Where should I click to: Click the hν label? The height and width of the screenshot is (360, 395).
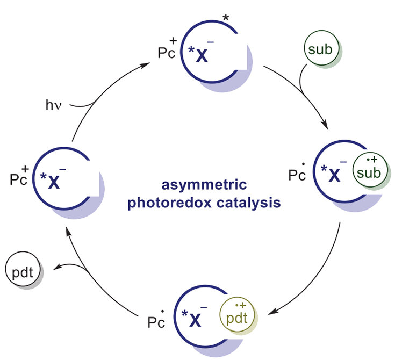(x=53, y=105)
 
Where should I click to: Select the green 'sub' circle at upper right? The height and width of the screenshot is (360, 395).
(x=321, y=48)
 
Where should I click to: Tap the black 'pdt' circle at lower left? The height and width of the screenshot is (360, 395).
(x=23, y=269)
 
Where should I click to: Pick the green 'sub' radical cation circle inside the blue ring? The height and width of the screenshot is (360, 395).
(x=370, y=170)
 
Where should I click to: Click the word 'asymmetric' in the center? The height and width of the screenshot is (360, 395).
(x=204, y=185)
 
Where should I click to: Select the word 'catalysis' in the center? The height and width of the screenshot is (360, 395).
(x=249, y=203)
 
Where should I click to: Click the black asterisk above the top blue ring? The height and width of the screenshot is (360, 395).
(x=226, y=18)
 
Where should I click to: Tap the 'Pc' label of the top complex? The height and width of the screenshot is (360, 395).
(x=166, y=53)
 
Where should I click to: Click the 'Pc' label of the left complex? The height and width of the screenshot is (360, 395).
(x=18, y=179)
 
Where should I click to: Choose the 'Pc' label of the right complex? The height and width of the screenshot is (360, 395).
(x=297, y=175)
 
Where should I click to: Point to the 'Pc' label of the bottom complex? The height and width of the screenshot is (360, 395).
(x=156, y=322)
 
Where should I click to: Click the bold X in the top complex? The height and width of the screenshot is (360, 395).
(x=202, y=55)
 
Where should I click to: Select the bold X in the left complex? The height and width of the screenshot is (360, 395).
(x=54, y=182)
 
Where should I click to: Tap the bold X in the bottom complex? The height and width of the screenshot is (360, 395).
(x=195, y=320)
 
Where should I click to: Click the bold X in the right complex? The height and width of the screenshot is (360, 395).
(x=334, y=175)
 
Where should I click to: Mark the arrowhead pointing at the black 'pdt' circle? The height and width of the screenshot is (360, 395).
(x=57, y=267)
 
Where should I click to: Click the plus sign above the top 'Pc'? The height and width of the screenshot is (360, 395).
(x=173, y=40)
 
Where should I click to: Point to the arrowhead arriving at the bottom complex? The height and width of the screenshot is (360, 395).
(x=272, y=312)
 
